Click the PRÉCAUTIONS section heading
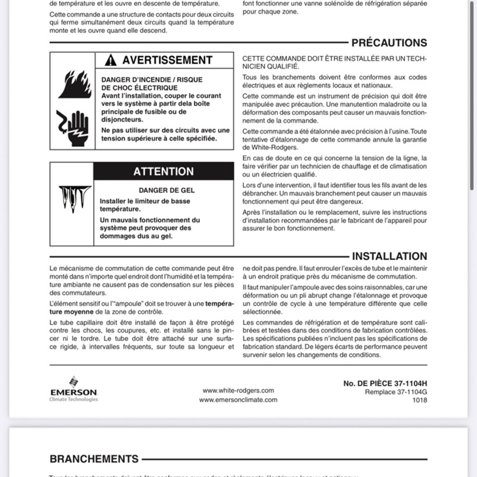[389, 43]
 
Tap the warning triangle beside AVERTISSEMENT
[111, 60]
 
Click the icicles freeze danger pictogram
[75, 199]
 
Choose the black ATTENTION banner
[163, 171]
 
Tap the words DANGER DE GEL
[167, 190]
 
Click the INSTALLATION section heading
[389, 256]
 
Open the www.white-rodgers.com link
[238, 391]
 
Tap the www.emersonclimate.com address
[238, 400]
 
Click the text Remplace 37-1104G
[396, 392]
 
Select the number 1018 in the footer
[419, 400]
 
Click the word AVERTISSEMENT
[167, 60]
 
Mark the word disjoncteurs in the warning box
[122, 120]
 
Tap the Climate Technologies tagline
[74, 399]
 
